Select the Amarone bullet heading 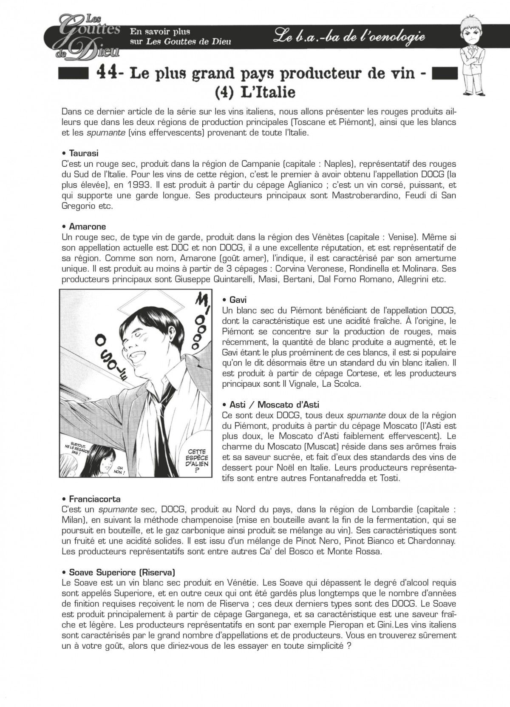click(x=84, y=226)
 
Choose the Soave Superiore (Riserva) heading click(x=119, y=572)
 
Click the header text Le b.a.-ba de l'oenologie click(x=349, y=37)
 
